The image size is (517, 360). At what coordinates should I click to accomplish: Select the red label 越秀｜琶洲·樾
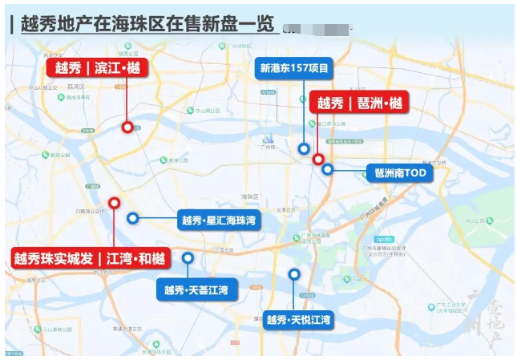(358, 103)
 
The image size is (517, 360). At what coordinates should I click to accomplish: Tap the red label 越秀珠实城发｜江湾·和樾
(91, 258)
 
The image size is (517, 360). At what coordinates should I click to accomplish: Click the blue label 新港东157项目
(294, 68)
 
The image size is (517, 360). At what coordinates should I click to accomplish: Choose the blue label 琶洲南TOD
(398, 172)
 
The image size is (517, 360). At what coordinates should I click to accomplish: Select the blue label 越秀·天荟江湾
(196, 289)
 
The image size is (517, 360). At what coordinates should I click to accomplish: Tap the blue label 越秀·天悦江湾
(299, 320)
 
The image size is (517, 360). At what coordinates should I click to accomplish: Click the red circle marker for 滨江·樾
(127, 127)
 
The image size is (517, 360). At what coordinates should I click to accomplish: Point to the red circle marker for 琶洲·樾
(318, 159)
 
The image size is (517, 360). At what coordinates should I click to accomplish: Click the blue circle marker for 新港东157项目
(303, 148)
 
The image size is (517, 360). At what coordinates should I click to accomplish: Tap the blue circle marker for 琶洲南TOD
(328, 169)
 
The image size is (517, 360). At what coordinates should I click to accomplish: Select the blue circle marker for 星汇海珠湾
(133, 218)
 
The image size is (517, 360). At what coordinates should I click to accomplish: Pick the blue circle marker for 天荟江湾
(188, 258)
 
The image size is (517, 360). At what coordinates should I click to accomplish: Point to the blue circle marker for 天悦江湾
(294, 274)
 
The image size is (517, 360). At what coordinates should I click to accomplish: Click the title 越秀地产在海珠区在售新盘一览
(144, 24)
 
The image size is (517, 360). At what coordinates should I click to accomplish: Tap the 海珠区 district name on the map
(251, 196)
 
